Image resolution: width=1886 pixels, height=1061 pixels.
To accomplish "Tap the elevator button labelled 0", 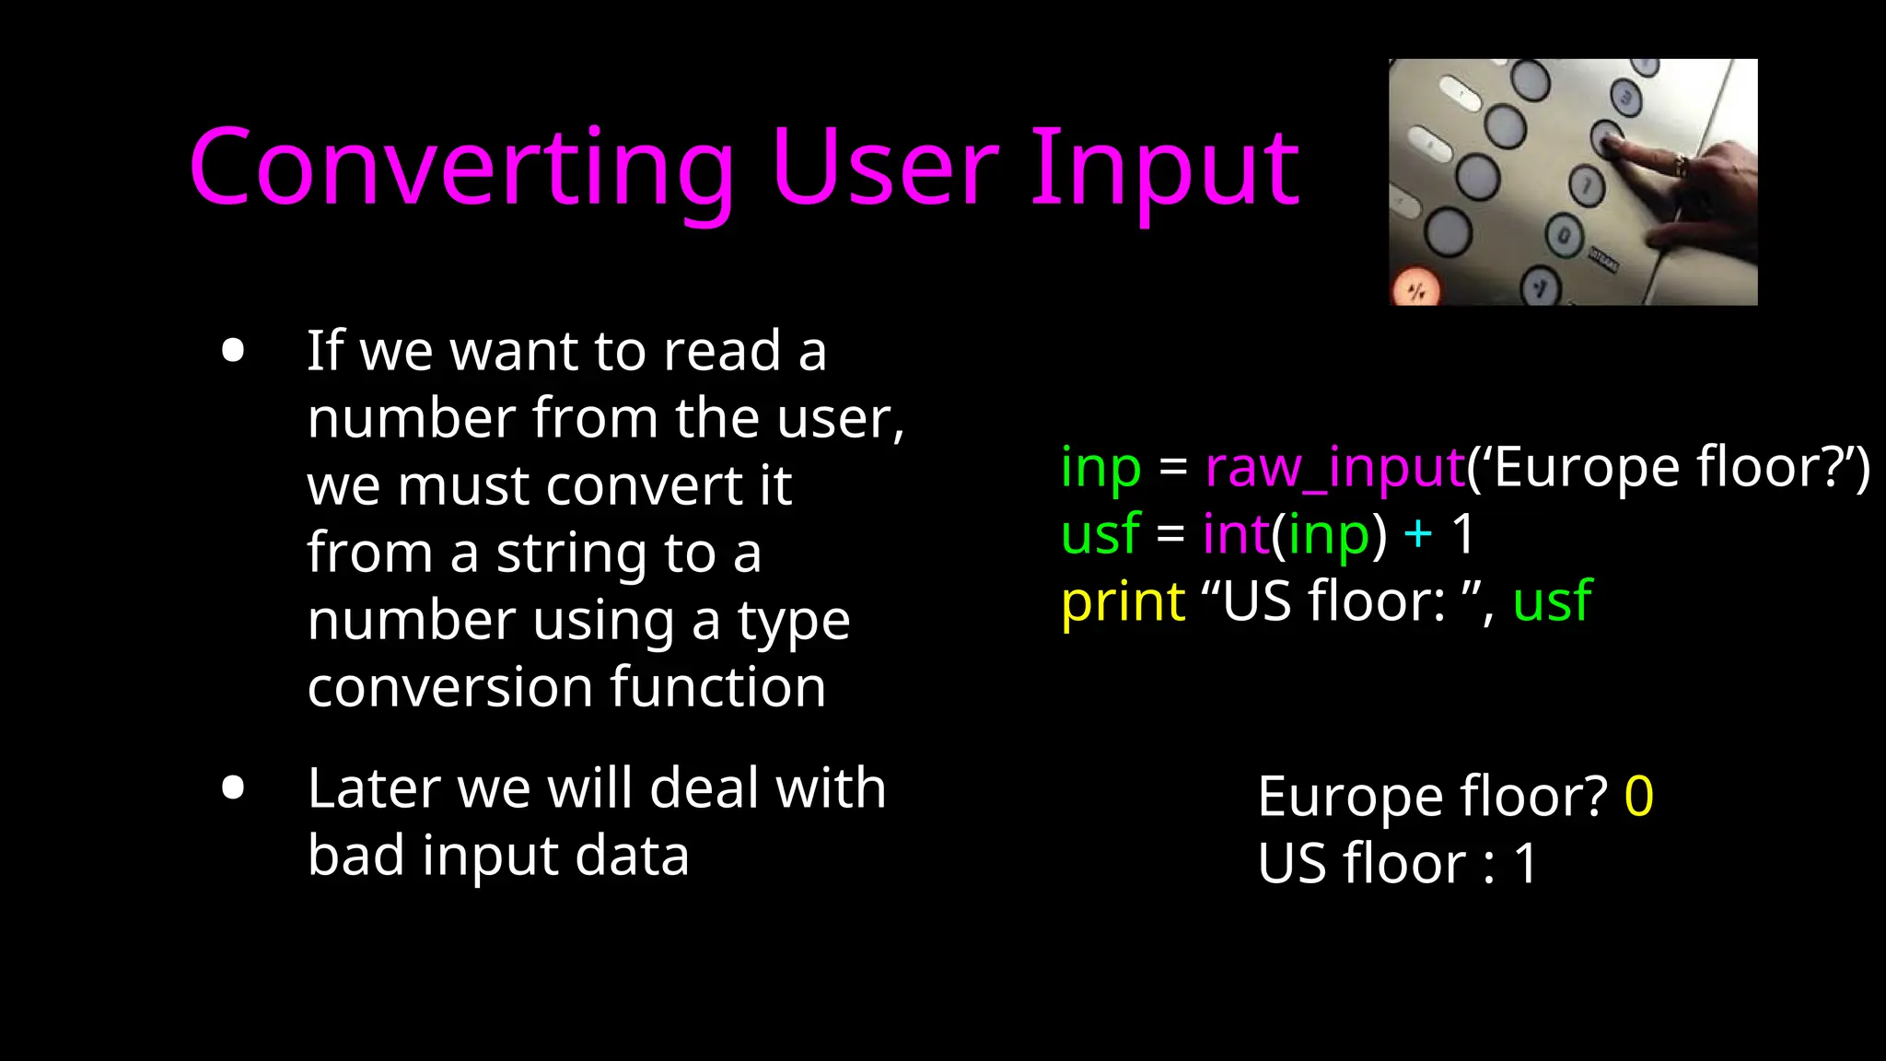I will tap(1565, 235).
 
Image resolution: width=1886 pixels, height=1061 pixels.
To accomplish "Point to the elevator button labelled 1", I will tap(1587, 185).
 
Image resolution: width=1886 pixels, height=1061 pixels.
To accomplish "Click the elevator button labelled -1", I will tap(1541, 286).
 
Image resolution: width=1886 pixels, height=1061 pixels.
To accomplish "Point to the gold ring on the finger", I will tap(1681, 167).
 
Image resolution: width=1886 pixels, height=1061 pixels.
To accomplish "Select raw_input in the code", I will tap(1334, 468).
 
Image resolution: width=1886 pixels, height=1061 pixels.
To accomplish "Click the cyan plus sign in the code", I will tap(1418, 534).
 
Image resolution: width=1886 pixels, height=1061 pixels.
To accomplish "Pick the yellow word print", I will tap(1123, 603).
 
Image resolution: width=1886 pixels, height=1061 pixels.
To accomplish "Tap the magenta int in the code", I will tap(1236, 534).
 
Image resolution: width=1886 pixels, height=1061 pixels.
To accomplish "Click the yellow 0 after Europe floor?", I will tap(1638, 797).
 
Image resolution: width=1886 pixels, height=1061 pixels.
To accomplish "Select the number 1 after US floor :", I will tap(1525, 864).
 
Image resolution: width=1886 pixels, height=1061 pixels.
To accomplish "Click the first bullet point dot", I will tap(233, 351).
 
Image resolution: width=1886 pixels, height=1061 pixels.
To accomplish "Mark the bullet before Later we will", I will tap(233, 788).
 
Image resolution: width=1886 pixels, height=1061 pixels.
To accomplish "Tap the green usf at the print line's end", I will tap(1552, 603).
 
